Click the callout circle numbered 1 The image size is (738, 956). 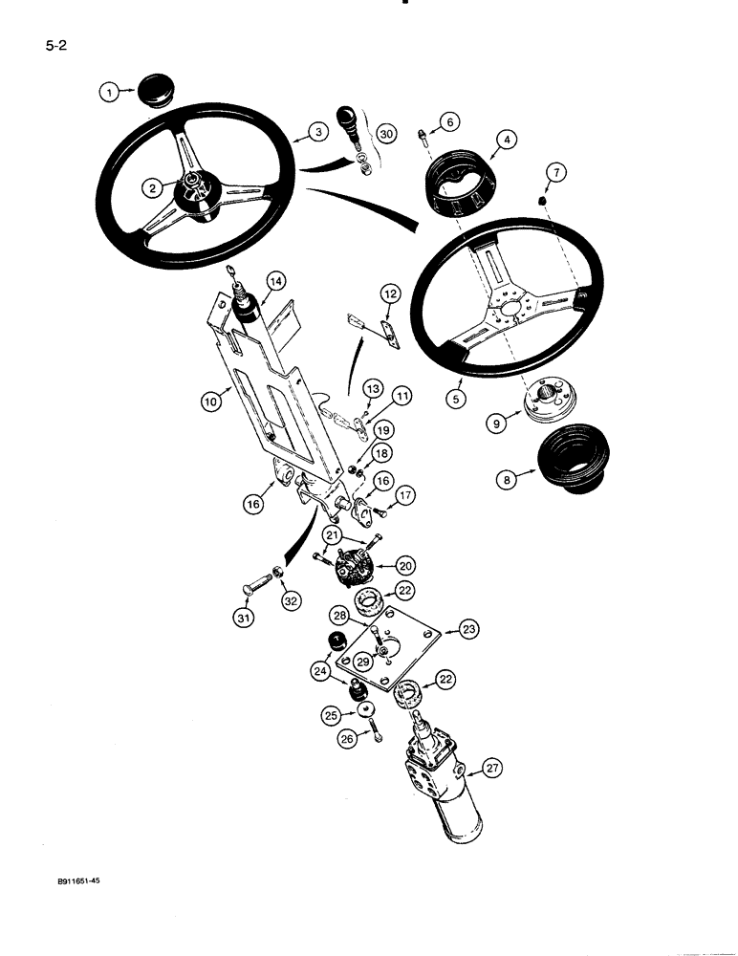(x=111, y=92)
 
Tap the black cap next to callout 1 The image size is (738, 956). (x=154, y=90)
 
